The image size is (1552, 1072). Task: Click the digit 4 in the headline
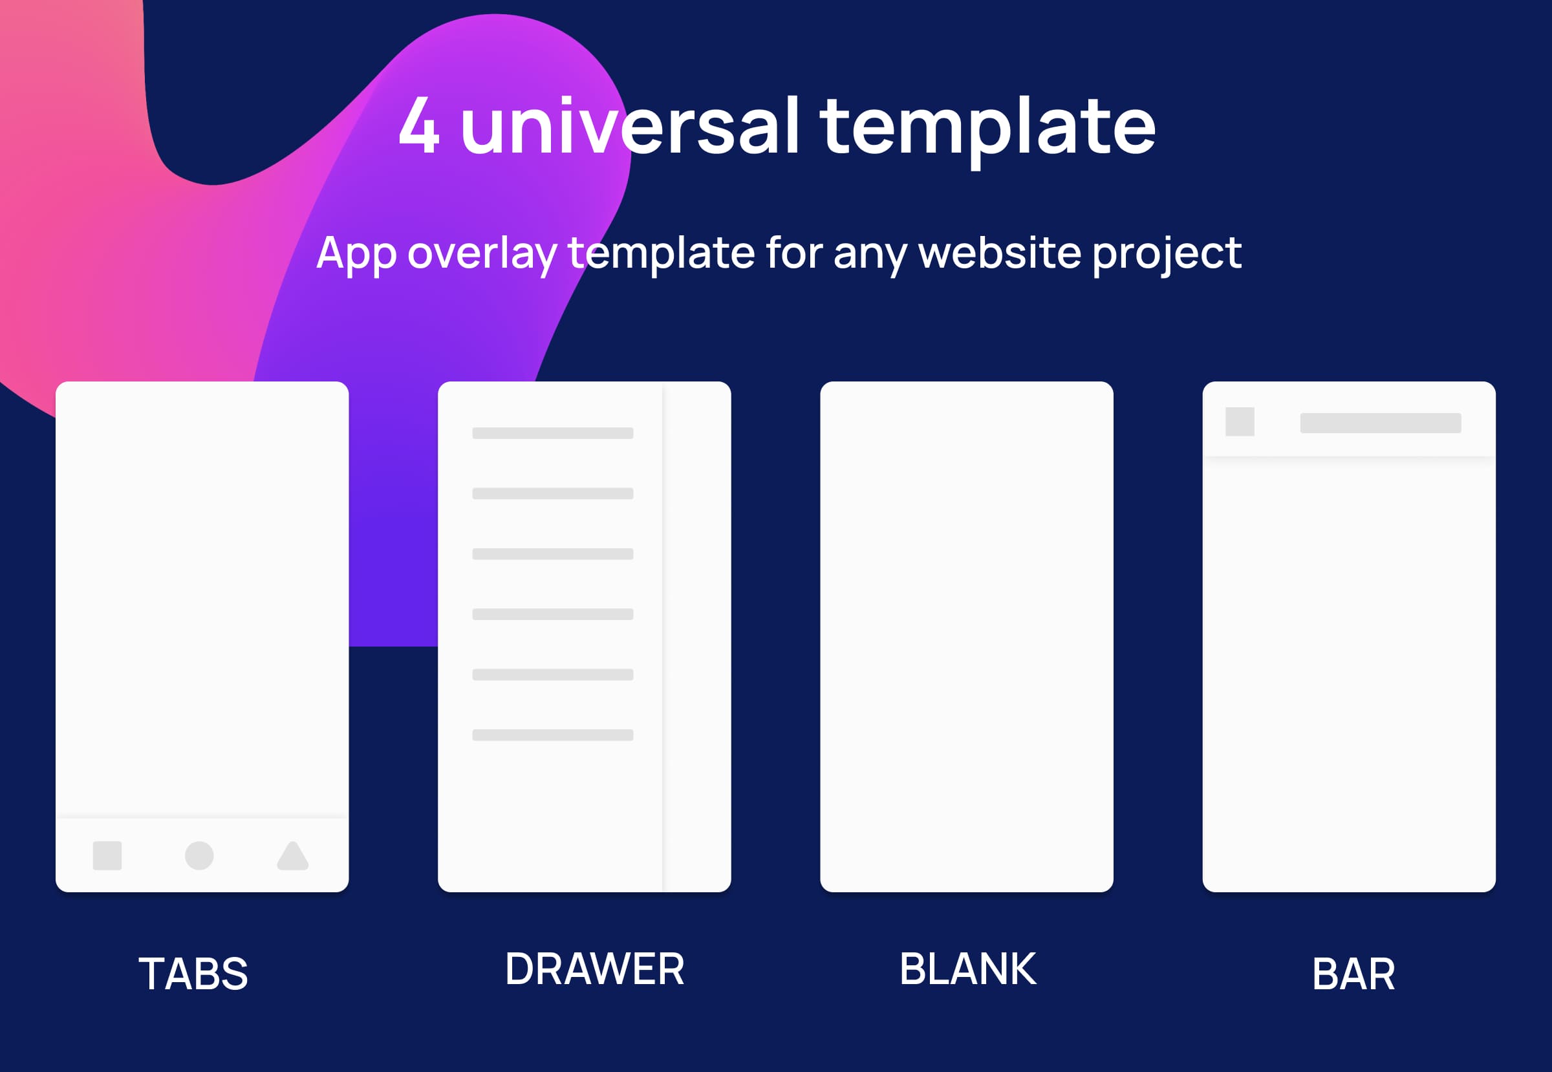coord(418,124)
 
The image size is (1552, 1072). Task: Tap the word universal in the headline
coord(630,124)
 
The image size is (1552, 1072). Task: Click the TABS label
coord(193,974)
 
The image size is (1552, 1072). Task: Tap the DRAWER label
coord(594,969)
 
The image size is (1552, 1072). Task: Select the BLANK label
coord(967,969)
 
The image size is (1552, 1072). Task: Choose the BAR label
coord(1354,974)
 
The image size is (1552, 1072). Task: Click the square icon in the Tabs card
coord(107,855)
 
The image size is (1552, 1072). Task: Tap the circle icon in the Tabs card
coord(200,855)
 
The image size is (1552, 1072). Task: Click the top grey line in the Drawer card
coord(553,433)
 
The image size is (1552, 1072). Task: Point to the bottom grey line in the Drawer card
coord(553,734)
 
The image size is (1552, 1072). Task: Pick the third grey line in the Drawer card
coord(553,554)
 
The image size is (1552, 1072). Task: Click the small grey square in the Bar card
coord(1240,422)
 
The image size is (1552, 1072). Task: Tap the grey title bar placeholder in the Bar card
coord(1381,423)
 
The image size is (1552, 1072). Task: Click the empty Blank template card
coord(967,637)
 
